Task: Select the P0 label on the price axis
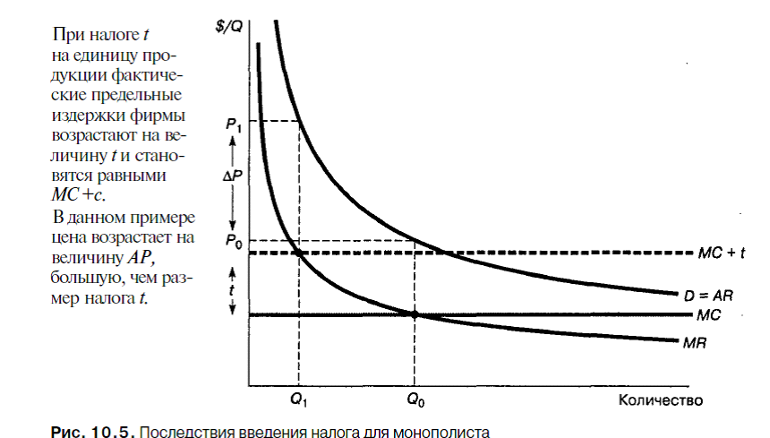click(235, 242)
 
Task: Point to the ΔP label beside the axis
click(229, 179)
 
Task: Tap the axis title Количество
click(659, 399)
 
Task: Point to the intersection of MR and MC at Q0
click(415, 314)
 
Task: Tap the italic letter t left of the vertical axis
click(232, 290)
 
